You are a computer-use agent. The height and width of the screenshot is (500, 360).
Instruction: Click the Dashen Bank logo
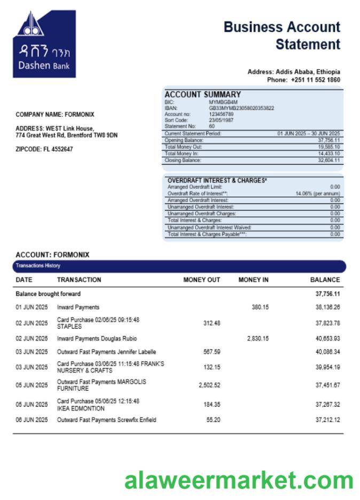tap(44, 44)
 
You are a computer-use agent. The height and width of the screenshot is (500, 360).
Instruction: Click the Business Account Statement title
tap(281, 35)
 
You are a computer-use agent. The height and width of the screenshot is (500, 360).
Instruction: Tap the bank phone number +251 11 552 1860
tap(315, 80)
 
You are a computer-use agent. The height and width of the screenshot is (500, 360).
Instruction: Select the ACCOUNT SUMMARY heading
tap(202, 95)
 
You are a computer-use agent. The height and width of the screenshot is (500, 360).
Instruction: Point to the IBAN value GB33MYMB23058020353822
tap(241, 108)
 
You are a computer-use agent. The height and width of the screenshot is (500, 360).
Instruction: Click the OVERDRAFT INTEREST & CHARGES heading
tap(217, 181)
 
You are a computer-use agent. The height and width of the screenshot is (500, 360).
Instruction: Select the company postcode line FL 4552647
tap(44, 150)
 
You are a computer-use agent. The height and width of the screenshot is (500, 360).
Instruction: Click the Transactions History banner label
tap(38, 265)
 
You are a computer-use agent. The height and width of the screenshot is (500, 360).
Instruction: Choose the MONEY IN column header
tap(253, 280)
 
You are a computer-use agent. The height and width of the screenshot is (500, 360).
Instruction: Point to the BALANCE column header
tap(325, 280)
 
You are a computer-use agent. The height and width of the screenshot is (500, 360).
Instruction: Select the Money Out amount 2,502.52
tap(209, 385)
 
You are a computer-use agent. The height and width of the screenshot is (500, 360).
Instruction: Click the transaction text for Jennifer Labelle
tap(106, 352)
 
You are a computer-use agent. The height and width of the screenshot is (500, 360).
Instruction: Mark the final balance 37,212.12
tap(327, 420)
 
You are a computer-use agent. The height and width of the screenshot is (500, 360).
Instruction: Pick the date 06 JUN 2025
tap(32, 420)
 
